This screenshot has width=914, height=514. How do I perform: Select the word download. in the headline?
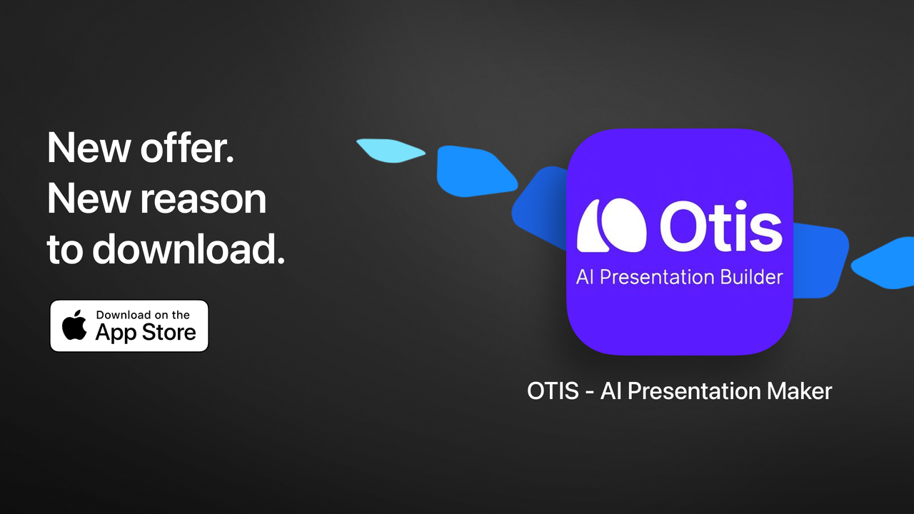point(189,249)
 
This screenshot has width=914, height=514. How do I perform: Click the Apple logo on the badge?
point(74,326)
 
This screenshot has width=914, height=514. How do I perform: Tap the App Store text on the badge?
point(146,333)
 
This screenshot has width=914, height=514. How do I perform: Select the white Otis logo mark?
point(612,226)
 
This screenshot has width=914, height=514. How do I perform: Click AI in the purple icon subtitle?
point(585,277)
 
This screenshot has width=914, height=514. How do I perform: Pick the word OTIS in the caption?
point(553,391)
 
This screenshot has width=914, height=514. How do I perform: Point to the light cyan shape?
point(389,150)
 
